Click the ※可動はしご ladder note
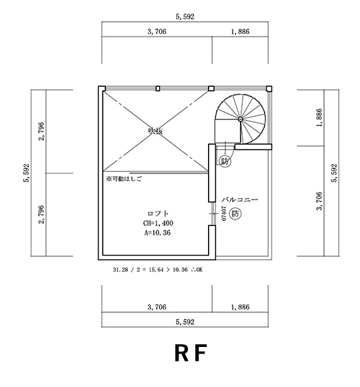coord(124,179)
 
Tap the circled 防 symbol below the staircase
coord(225,161)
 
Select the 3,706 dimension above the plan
coord(156,31)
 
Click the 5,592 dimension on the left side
coord(26,172)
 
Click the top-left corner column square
coord(101,88)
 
